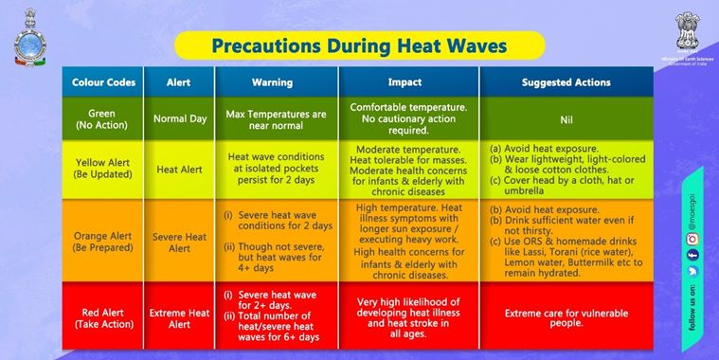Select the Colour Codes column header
pyautogui.click(x=103, y=82)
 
